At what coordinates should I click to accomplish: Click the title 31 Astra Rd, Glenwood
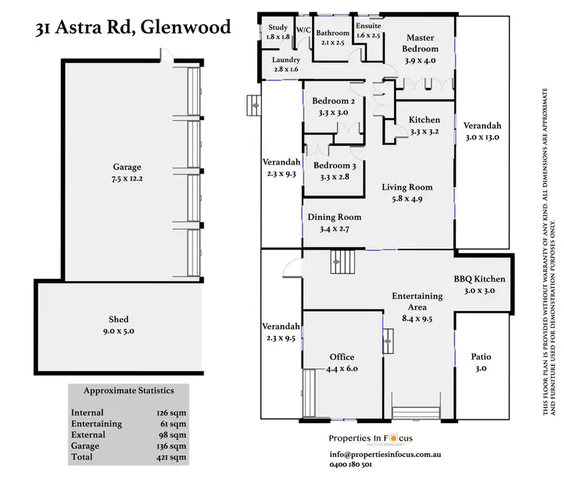point(133,29)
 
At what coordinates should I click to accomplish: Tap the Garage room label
point(127,173)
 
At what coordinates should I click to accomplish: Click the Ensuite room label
point(368,30)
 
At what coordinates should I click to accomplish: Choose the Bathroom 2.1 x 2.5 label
point(333,38)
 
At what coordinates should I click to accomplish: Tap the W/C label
point(304,29)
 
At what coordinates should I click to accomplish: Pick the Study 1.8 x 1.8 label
point(277,32)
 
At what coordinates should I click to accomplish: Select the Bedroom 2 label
point(333,107)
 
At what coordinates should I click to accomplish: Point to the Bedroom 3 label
point(333,171)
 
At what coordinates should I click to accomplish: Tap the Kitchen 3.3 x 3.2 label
point(424,126)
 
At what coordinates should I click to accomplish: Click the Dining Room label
point(329,222)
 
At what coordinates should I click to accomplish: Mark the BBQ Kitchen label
point(479,285)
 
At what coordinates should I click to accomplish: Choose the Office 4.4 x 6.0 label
point(341,362)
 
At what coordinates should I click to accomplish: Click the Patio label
point(481,362)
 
